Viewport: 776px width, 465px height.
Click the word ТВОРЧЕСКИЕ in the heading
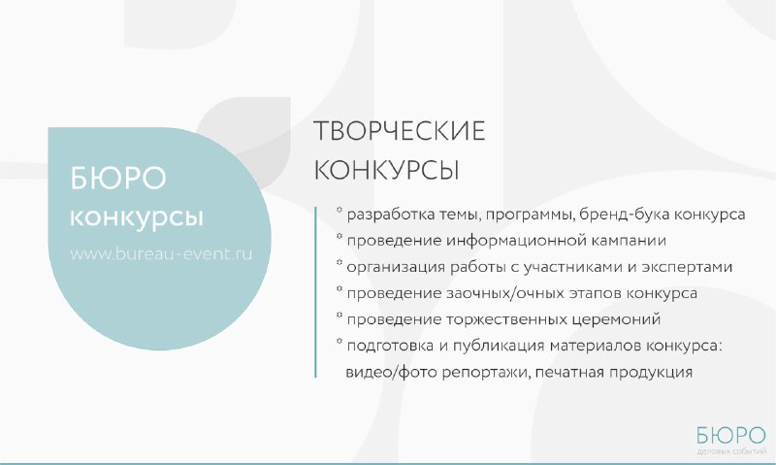pyautogui.click(x=400, y=131)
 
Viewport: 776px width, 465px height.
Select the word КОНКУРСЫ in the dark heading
pyautogui.click(x=386, y=170)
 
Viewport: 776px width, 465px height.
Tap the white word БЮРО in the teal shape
pyautogui.click(x=117, y=179)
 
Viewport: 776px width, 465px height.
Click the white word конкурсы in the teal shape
pyautogui.click(x=137, y=217)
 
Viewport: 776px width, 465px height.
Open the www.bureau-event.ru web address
pyautogui.click(x=161, y=253)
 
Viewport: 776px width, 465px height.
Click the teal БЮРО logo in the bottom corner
pyautogui.click(x=731, y=436)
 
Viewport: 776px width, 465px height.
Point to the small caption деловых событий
pyautogui.click(x=731, y=451)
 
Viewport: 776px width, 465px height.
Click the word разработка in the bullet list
pyautogui.click(x=391, y=215)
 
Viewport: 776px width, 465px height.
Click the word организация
pyautogui.click(x=396, y=267)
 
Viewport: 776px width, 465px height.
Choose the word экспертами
pyautogui.click(x=687, y=267)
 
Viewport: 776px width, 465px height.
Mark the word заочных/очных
pyautogui.click(x=510, y=293)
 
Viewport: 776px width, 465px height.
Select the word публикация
pyautogui.click(x=499, y=346)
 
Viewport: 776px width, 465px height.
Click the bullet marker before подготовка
pyautogui.click(x=339, y=341)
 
